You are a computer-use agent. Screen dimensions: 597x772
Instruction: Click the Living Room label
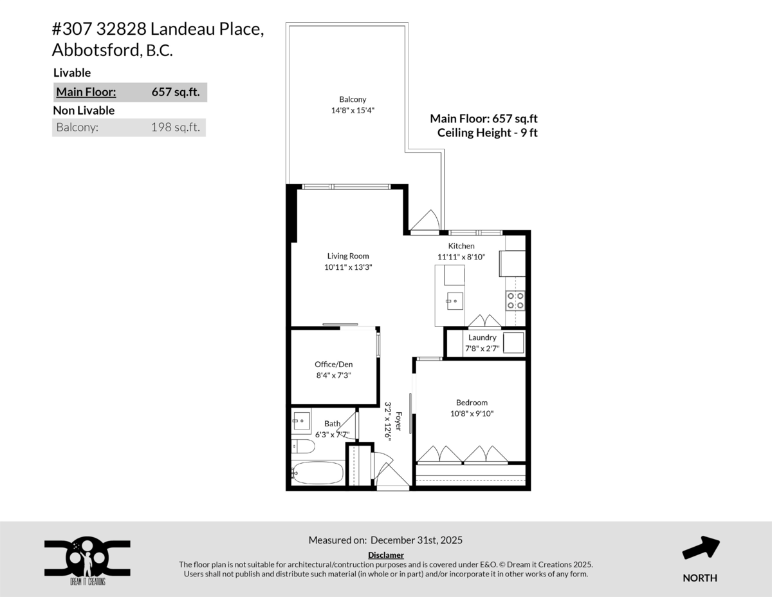(x=347, y=256)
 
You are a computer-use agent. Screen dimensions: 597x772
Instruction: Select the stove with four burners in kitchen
(x=515, y=300)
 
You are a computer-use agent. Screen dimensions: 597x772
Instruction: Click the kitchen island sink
(x=455, y=299)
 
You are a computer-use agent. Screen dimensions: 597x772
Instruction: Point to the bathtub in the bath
(x=318, y=473)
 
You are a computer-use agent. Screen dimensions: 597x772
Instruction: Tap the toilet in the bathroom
(x=302, y=446)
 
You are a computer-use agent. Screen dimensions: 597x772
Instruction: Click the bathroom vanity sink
(x=301, y=422)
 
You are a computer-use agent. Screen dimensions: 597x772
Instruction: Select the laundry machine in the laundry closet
(x=513, y=343)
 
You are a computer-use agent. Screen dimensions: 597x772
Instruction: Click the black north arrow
(x=701, y=549)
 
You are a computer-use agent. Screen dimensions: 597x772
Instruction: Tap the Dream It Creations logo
(x=87, y=559)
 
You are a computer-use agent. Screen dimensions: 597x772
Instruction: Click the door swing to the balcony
(x=425, y=221)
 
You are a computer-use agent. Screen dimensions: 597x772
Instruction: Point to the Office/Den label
(x=333, y=364)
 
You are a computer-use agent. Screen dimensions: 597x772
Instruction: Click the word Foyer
(x=399, y=422)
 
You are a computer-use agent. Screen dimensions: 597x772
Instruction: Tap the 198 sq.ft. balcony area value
(x=175, y=128)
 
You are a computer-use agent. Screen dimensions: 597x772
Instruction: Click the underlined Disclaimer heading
(x=386, y=554)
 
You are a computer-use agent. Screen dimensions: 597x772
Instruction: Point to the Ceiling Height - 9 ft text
(x=487, y=133)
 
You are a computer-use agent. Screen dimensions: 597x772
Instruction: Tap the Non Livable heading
(x=84, y=110)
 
